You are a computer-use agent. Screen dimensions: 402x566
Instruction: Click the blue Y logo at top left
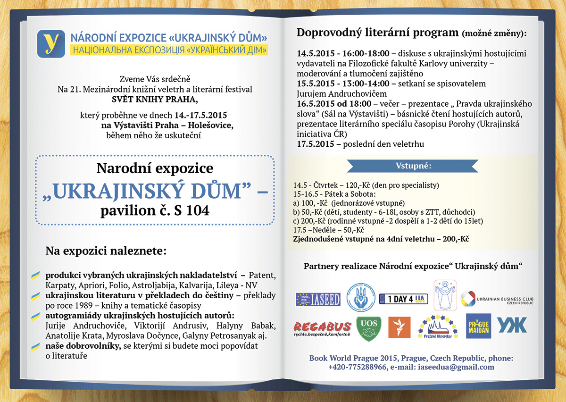pyautogui.click(x=51, y=43)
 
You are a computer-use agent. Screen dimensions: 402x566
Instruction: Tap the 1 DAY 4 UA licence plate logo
pyautogui.click(x=403, y=299)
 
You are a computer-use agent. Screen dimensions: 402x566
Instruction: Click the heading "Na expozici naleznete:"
pyautogui.click(x=106, y=251)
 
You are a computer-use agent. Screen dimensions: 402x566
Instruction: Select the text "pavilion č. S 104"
pyautogui.click(x=155, y=210)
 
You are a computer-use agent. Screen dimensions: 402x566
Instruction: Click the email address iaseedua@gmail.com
pyautogui.click(x=457, y=367)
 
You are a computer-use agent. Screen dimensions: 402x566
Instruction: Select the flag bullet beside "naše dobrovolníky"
pyautogui.click(x=35, y=347)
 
